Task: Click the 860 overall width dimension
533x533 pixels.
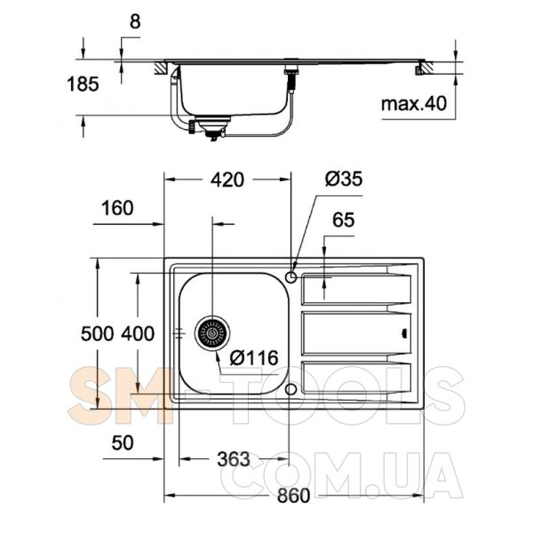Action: [x=293, y=496]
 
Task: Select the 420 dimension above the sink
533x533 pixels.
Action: [x=227, y=179]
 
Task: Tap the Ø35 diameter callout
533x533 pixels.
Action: [x=344, y=179]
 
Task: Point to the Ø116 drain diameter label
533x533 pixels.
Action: [x=254, y=358]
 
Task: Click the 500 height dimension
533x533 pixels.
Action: [x=97, y=333]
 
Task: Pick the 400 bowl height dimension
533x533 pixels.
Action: [x=138, y=333]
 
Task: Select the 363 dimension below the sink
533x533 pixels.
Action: [x=234, y=459]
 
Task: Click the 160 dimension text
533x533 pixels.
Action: [x=117, y=208]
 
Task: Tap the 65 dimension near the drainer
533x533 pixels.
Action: [x=343, y=219]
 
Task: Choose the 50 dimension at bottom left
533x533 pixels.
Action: [x=123, y=443]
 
